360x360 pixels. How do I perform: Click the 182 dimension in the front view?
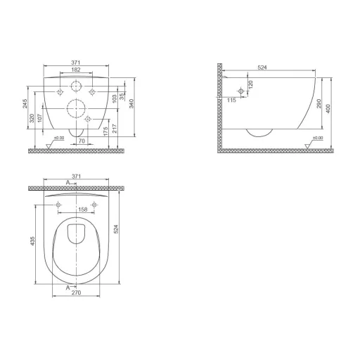(x=76, y=70)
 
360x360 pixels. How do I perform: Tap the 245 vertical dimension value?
(x=25, y=103)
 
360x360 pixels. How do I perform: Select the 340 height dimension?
(x=131, y=103)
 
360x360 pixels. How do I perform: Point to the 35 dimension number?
(x=122, y=97)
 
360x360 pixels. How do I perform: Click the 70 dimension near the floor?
(x=82, y=141)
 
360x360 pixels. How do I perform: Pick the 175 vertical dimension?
(x=105, y=131)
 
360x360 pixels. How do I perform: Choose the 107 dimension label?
(x=39, y=118)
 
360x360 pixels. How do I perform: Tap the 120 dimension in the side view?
(x=251, y=85)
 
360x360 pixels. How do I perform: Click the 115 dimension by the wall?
(x=231, y=101)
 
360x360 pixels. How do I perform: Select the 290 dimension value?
(x=319, y=103)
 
